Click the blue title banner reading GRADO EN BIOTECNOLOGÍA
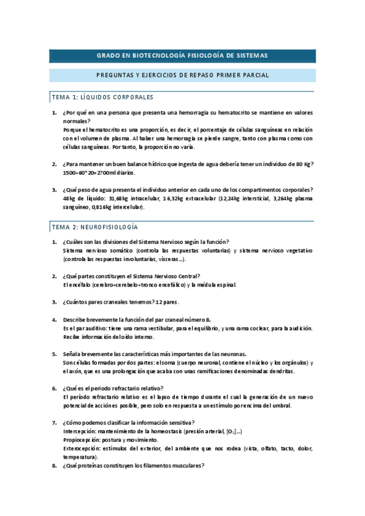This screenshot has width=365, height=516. pyautogui.click(x=182, y=55)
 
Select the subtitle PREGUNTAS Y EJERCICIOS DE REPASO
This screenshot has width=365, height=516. pyautogui.click(x=182, y=75)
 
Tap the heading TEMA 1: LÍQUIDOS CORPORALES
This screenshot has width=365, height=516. pyautogui.click(x=102, y=97)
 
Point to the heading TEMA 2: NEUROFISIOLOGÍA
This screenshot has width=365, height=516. pyautogui.click(x=94, y=227)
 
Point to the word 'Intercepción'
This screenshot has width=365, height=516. pyautogui.click(x=82, y=431)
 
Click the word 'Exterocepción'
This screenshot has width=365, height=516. pyautogui.click(x=84, y=448)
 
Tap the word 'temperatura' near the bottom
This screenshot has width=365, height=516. pyautogui.click(x=80, y=457)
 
